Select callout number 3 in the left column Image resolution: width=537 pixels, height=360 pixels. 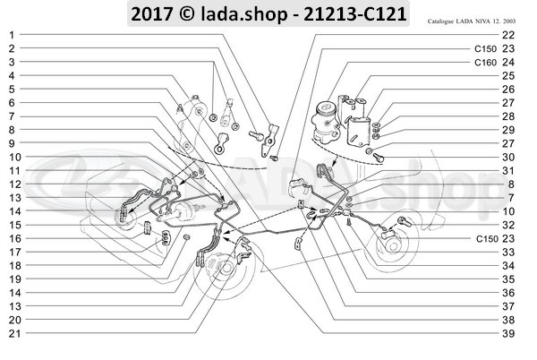click(x=13, y=63)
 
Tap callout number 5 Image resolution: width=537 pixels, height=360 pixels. click(x=13, y=91)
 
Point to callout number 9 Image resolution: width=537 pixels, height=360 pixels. click(x=13, y=143)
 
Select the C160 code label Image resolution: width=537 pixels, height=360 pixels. click(x=485, y=63)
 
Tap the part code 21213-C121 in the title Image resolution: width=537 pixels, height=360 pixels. click(x=344, y=13)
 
